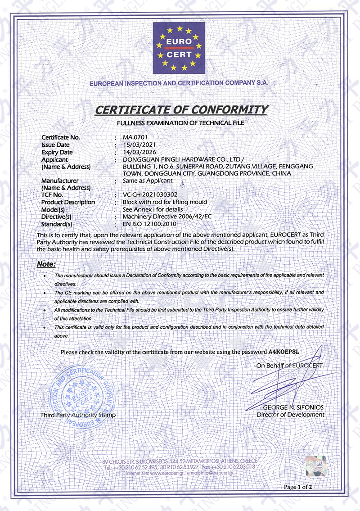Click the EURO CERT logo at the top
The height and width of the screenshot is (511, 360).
pos(179,48)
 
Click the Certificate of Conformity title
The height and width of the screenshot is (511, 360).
pos(181,109)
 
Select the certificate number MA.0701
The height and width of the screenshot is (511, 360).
pos(135,137)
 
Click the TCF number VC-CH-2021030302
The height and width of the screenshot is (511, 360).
pos(150,195)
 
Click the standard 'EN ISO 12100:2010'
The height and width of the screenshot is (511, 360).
pos(149,224)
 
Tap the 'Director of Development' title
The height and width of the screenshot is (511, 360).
pos(290,414)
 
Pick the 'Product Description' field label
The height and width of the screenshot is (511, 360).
pos(68,202)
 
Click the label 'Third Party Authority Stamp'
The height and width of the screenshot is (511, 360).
pos(77,415)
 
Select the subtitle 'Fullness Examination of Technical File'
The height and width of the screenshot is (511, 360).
pos(180,122)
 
